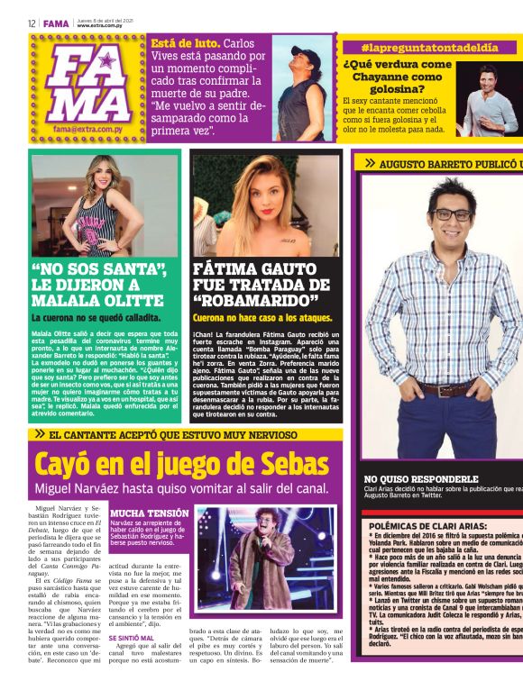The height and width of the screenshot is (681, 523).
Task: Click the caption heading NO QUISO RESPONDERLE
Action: point(420,479)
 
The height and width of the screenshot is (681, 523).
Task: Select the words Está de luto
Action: point(185,42)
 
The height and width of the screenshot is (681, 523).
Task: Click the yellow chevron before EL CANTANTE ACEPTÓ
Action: point(40,434)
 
